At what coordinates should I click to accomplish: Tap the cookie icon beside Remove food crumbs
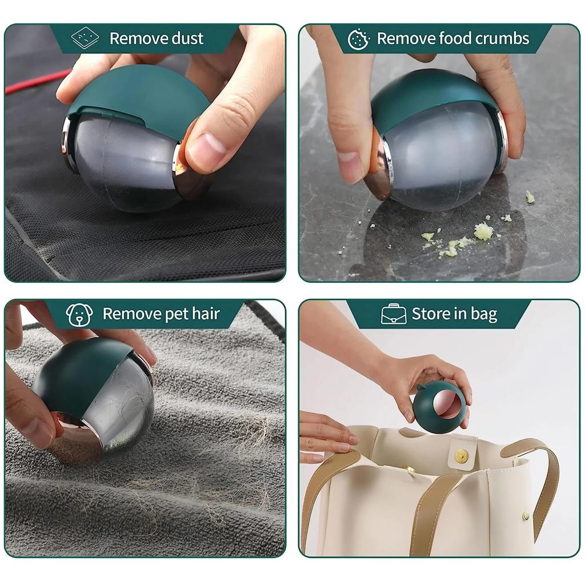point(359,39)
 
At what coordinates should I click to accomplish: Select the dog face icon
point(79,315)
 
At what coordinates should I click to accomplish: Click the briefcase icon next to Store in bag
point(394,314)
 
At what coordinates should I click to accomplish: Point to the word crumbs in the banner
point(500,39)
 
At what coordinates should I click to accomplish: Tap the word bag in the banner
point(483,315)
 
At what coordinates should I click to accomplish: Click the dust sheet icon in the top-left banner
point(85,38)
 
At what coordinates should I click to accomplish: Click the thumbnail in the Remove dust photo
point(206,149)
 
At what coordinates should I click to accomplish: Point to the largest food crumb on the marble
point(483,231)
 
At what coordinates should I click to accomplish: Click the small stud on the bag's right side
point(526,515)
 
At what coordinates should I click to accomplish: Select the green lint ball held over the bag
point(439,407)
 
